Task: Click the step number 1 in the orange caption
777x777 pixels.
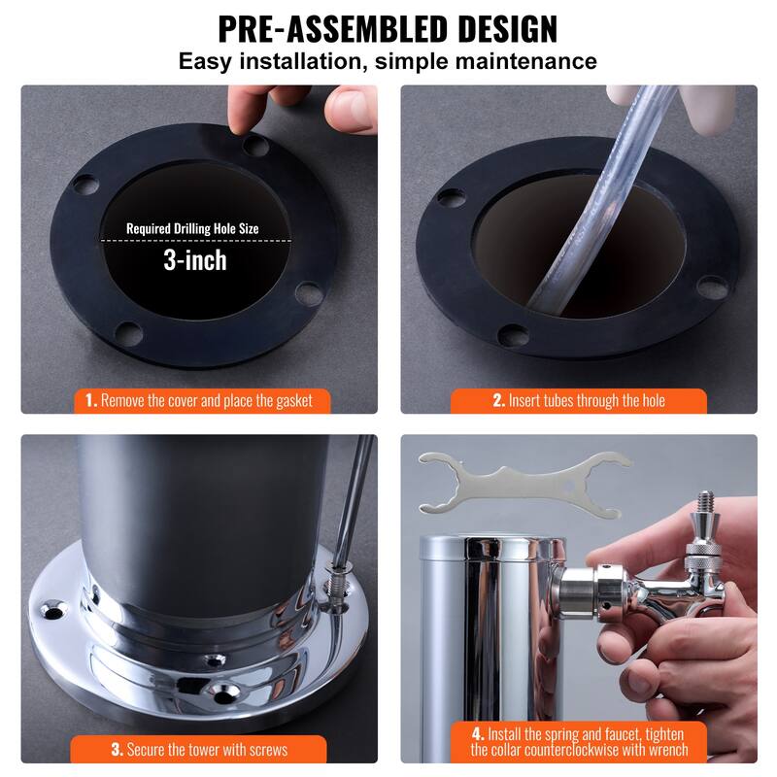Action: tap(89, 400)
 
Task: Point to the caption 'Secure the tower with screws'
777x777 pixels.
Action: tap(205, 750)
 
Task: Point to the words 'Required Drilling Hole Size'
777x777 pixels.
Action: tap(193, 230)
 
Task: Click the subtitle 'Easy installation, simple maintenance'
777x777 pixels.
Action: tap(388, 62)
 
